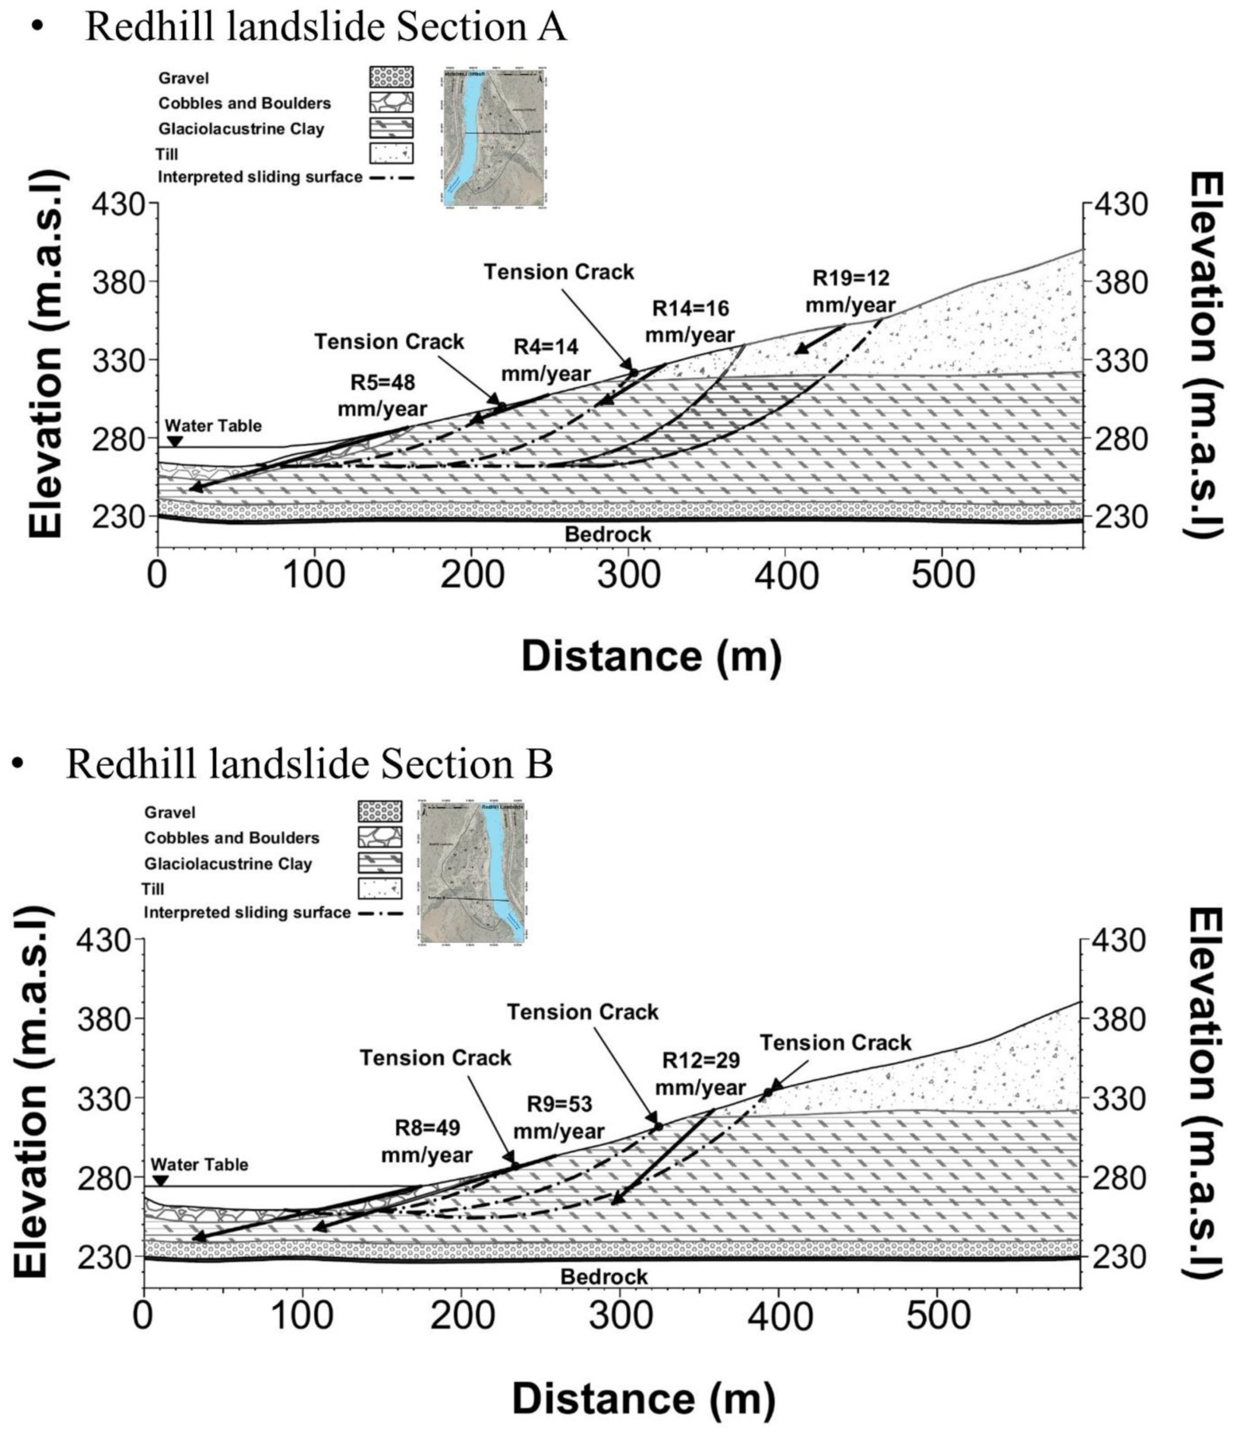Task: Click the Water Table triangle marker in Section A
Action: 175,442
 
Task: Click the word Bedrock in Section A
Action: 608,534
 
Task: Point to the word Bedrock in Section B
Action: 604,1277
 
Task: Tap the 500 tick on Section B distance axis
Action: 939,1317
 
